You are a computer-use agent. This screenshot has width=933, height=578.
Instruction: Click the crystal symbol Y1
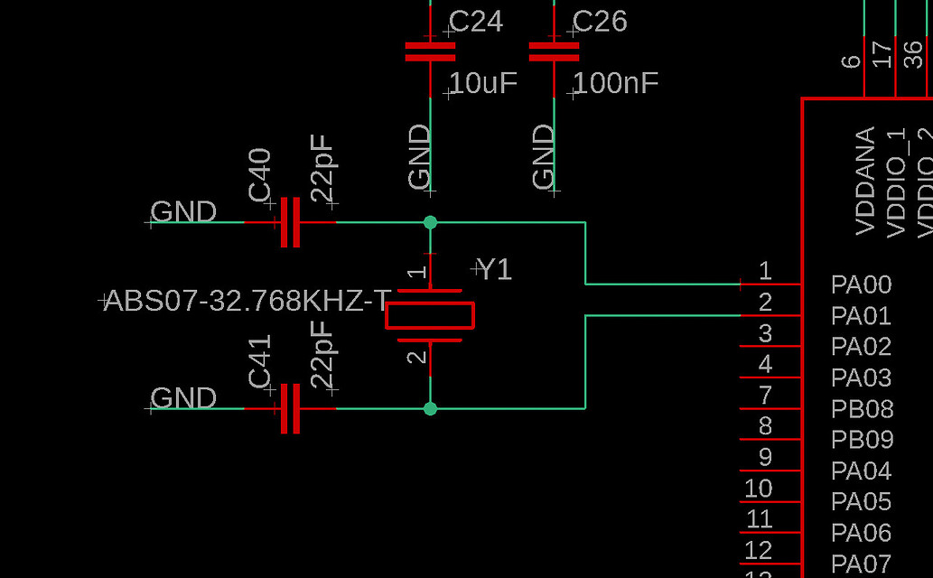[430, 315]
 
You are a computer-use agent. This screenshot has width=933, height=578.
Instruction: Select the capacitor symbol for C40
[290, 222]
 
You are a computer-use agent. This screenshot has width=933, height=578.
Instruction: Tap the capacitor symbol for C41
[290, 408]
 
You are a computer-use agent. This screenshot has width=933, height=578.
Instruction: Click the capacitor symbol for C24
[430, 51]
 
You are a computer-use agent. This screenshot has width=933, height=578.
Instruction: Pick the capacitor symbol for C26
[554, 51]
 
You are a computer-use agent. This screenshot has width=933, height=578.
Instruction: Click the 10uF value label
[483, 84]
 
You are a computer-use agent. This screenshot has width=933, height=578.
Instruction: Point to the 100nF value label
[615, 84]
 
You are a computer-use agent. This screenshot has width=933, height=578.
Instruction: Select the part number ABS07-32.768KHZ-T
[247, 301]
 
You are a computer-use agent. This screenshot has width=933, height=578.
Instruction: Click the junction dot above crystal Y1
[430, 222]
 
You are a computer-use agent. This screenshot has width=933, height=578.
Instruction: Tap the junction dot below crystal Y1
[430, 408]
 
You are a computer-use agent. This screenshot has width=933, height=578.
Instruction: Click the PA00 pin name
[861, 285]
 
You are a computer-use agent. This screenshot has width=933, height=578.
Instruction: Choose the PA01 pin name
[861, 316]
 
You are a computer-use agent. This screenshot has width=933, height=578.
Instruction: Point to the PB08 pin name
[862, 409]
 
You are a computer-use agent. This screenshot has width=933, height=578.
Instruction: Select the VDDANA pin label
[865, 182]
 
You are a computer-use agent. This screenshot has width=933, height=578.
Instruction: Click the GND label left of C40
[183, 212]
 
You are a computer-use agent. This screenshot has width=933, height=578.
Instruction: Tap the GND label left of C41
[183, 398]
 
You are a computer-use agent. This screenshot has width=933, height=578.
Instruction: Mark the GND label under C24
[420, 158]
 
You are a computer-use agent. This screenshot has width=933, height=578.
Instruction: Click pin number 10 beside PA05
[758, 489]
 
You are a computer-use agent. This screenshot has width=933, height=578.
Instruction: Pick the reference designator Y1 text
[494, 269]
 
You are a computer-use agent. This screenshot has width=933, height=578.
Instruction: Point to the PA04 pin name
[861, 471]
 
